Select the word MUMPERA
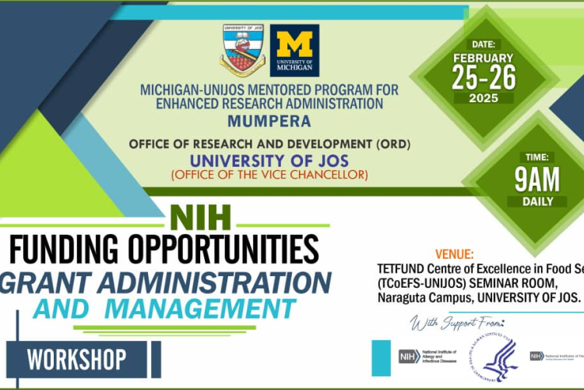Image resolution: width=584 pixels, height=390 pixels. tap(269, 121)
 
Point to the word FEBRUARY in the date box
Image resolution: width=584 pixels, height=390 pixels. tap(483, 58)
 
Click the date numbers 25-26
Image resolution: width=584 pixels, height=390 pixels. tap(483, 77)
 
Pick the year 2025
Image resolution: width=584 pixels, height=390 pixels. tap(483, 98)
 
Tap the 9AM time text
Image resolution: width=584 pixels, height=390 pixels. tap(537, 180)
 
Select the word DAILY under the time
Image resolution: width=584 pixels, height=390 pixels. tap(537, 201)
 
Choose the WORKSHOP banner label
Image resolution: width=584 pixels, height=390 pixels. tap(76, 360)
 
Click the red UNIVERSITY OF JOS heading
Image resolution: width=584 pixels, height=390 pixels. tap(269, 161)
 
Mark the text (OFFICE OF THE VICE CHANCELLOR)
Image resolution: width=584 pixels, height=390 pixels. tap(269, 174)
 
